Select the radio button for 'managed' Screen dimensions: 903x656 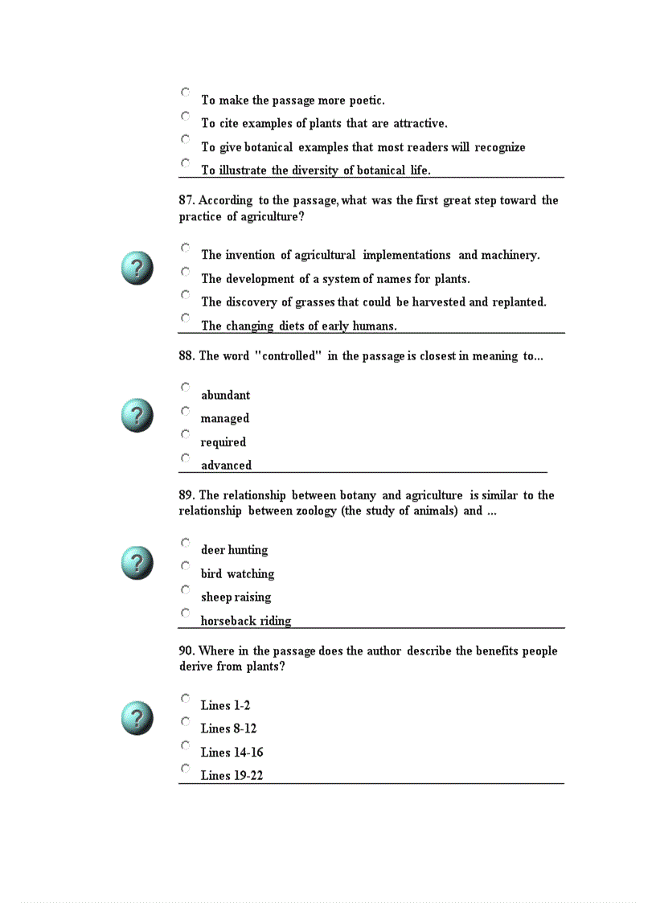point(185,411)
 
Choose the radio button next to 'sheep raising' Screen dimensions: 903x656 point(185,589)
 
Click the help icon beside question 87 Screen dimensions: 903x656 point(137,268)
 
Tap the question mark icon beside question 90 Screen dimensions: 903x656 point(137,717)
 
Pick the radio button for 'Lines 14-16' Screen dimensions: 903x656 point(185,745)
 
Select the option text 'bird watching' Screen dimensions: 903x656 point(237,574)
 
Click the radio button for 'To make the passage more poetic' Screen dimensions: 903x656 point(185,92)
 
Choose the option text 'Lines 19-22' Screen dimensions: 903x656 point(232,776)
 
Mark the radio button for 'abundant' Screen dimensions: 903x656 point(185,388)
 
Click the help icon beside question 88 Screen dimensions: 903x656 point(137,416)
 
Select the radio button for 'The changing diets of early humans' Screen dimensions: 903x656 point(185,318)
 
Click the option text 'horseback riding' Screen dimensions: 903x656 point(246,621)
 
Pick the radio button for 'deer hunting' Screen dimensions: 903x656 point(185,543)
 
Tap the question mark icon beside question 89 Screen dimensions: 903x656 point(137,562)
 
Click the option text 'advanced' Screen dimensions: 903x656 point(226,466)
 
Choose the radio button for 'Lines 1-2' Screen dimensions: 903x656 point(185,698)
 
